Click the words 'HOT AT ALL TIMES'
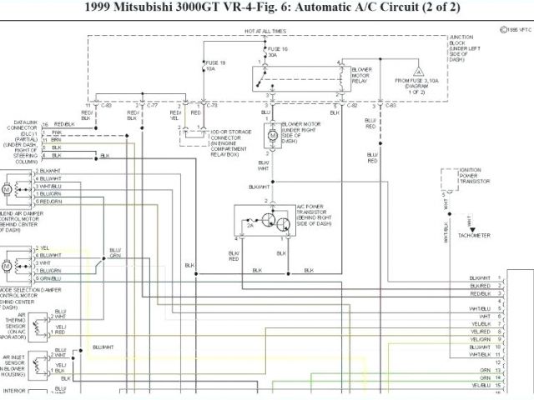pos(264,31)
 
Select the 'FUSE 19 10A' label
pos(217,66)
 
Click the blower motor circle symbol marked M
pos(273,134)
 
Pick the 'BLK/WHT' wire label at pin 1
pos(479,277)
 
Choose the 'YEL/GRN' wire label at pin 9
pos(479,339)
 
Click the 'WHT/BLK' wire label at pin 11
pos(479,354)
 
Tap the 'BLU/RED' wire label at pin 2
pos(479,286)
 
